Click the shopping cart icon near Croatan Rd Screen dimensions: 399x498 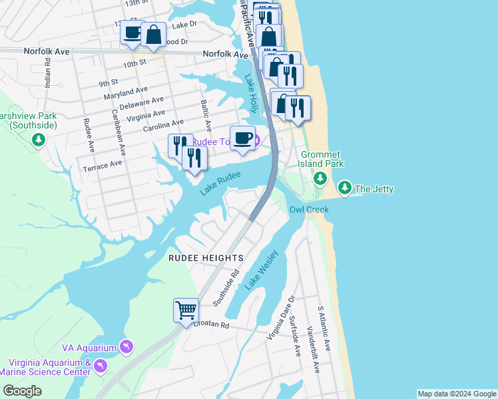pyautogui.click(x=186, y=310)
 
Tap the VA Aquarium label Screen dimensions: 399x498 pyautogui.click(x=89, y=347)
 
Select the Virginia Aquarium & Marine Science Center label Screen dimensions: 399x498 pyautogui.click(x=50, y=367)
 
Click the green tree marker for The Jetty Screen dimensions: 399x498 pyautogui.click(x=344, y=188)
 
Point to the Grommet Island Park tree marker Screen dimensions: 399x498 pyautogui.click(x=320, y=178)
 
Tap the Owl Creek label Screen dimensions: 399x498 pyautogui.click(x=309, y=209)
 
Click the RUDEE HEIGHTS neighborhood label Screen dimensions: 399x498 pyautogui.click(x=206, y=257)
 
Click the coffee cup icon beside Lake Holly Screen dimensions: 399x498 pyautogui.click(x=242, y=138)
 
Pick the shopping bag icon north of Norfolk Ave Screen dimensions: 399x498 pyautogui.click(x=153, y=35)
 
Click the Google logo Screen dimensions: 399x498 pyautogui.click(x=23, y=391)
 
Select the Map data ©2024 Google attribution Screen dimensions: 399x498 pyautogui.click(x=457, y=394)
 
